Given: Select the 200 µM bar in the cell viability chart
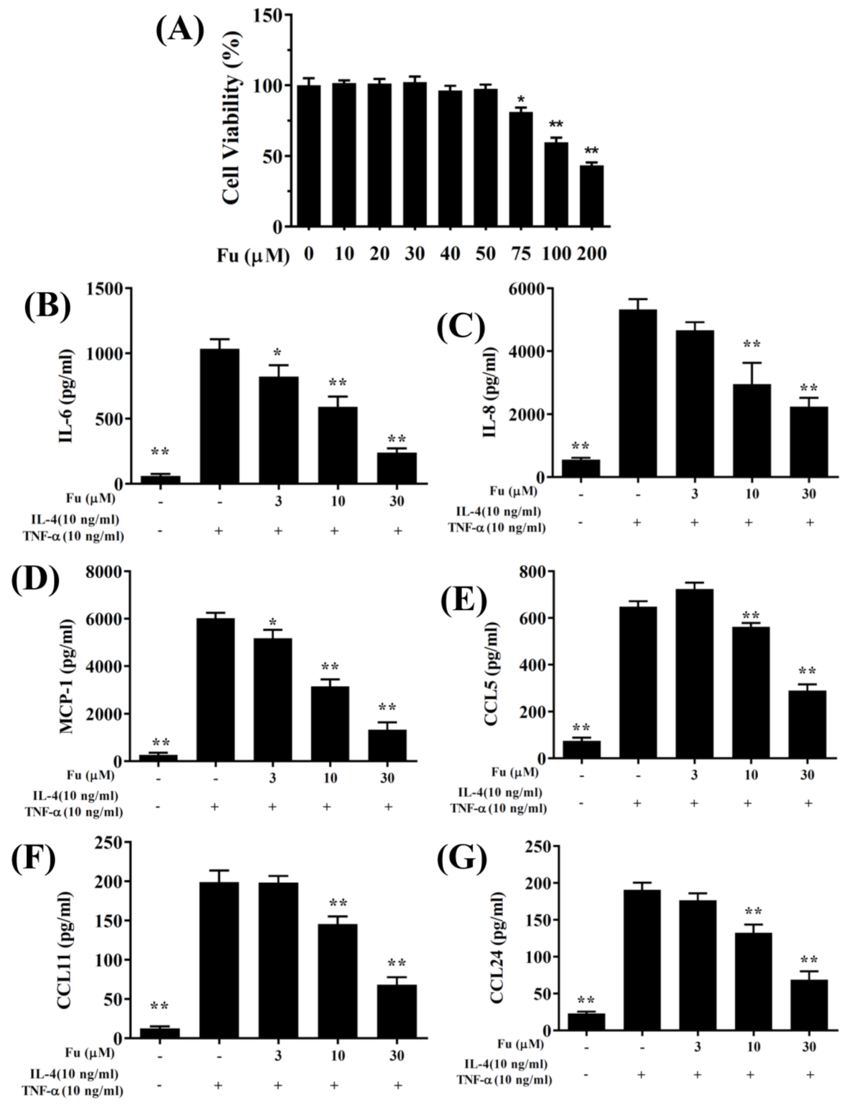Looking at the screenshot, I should click(592, 196).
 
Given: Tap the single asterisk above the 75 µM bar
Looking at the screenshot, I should click(521, 100).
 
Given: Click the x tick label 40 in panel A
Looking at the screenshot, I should click(450, 254).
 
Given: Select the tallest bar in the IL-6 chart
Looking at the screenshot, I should click(219, 416).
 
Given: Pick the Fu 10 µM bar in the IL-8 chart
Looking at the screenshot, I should click(752, 430).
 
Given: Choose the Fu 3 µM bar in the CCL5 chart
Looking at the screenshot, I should click(694, 673).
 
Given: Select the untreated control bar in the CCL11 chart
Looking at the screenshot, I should click(160, 1032).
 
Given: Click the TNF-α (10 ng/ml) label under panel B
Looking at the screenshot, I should click(73, 536).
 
